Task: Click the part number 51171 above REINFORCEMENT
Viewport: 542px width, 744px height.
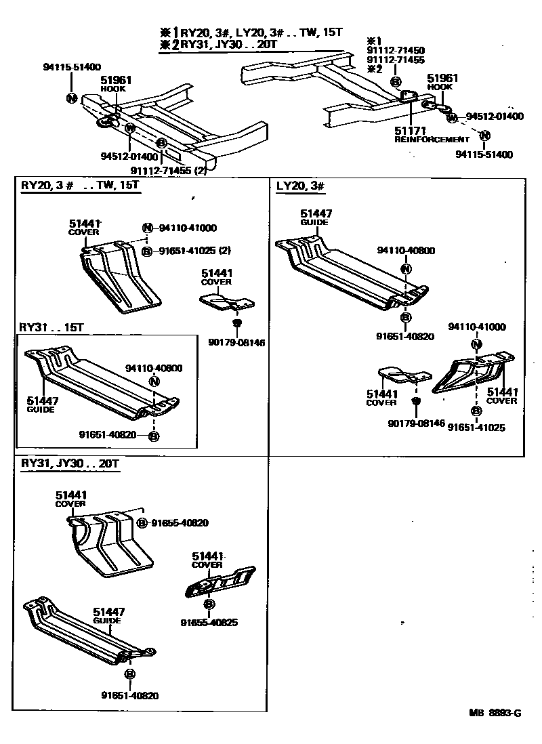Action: point(411,131)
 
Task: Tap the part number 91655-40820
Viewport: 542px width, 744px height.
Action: point(180,522)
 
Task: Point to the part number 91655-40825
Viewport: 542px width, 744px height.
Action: point(209,623)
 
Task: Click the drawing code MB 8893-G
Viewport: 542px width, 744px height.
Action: point(495,712)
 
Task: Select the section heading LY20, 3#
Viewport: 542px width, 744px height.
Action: point(300,186)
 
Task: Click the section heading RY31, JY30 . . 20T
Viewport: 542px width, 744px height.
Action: point(70,464)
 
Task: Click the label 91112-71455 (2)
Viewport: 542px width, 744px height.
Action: point(168,171)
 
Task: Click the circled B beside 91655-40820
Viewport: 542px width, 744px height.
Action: point(142,522)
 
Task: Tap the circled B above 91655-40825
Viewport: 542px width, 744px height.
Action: point(209,604)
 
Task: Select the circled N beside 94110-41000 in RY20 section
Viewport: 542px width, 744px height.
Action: point(147,228)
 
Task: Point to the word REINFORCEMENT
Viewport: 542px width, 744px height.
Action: point(432,139)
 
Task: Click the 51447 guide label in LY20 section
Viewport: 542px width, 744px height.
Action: point(315,213)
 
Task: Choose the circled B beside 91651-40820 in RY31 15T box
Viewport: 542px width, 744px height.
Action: point(154,436)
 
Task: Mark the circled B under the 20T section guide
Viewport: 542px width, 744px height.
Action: point(130,674)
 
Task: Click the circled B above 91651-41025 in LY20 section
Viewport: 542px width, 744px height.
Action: point(476,411)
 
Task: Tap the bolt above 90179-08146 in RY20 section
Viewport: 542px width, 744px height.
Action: point(237,323)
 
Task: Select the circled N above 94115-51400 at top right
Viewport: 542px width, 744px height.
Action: point(485,136)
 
